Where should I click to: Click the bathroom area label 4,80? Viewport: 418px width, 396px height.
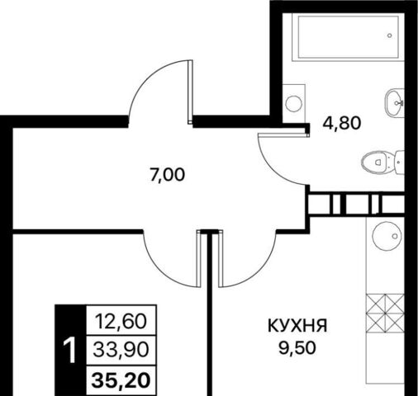[341, 123]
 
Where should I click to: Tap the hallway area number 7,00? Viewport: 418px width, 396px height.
[167, 175]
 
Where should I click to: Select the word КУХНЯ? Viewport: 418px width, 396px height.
[297, 326]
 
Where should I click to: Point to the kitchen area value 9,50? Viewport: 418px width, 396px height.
[297, 348]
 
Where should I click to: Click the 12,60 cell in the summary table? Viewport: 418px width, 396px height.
[121, 322]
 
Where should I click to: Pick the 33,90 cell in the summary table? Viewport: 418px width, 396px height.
[121, 351]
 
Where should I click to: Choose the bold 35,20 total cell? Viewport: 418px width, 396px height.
[121, 380]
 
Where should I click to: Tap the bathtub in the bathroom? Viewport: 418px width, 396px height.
[348, 37]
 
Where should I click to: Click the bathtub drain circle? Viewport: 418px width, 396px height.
[389, 35]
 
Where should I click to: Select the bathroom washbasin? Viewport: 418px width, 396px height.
[394, 103]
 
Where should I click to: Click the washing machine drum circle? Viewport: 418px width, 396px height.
[294, 104]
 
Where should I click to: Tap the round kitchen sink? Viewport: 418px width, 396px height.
[387, 235]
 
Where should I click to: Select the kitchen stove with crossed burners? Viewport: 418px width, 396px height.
[385, 313]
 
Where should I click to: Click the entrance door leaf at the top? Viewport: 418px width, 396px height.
[190, 92]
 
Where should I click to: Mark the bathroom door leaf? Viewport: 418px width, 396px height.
[283, 134]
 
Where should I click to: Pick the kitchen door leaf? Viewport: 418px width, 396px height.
[221, 258]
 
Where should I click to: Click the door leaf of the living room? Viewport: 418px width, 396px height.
[198, 258]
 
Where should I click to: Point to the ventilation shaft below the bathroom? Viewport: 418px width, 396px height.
[356, 204]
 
